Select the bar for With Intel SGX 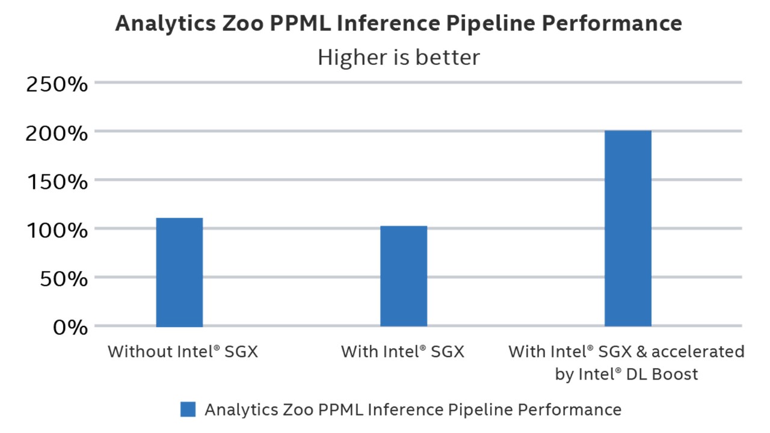[x=404, y=277]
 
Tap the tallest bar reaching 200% [x=628, y=229]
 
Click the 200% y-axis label [x=57, y=132]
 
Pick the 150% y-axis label [x=57, y=181]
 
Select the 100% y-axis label [x=57, y=230]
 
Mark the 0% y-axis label [x=70, y=328]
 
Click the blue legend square [x=188, y=410]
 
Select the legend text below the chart [x=413, y=410]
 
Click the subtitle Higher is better [x=398, y=58]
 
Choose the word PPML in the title [x=294, y=23]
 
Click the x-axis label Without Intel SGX [x=183, y=351]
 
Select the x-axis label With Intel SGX [x=402, y=351]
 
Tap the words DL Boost [x=663, y=374]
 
